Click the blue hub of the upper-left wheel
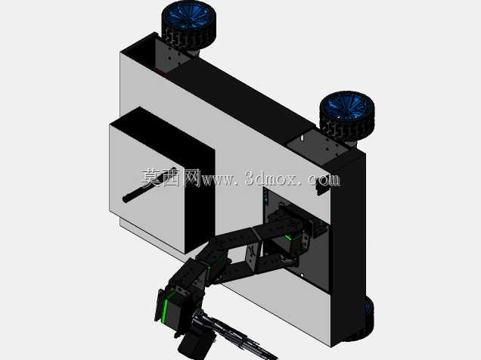tap(187, 15)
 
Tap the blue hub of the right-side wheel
tap(346, 107)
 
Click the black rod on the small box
tap(150, 185)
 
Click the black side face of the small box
tap(200, 196)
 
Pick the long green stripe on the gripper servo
tap(166, 311)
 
